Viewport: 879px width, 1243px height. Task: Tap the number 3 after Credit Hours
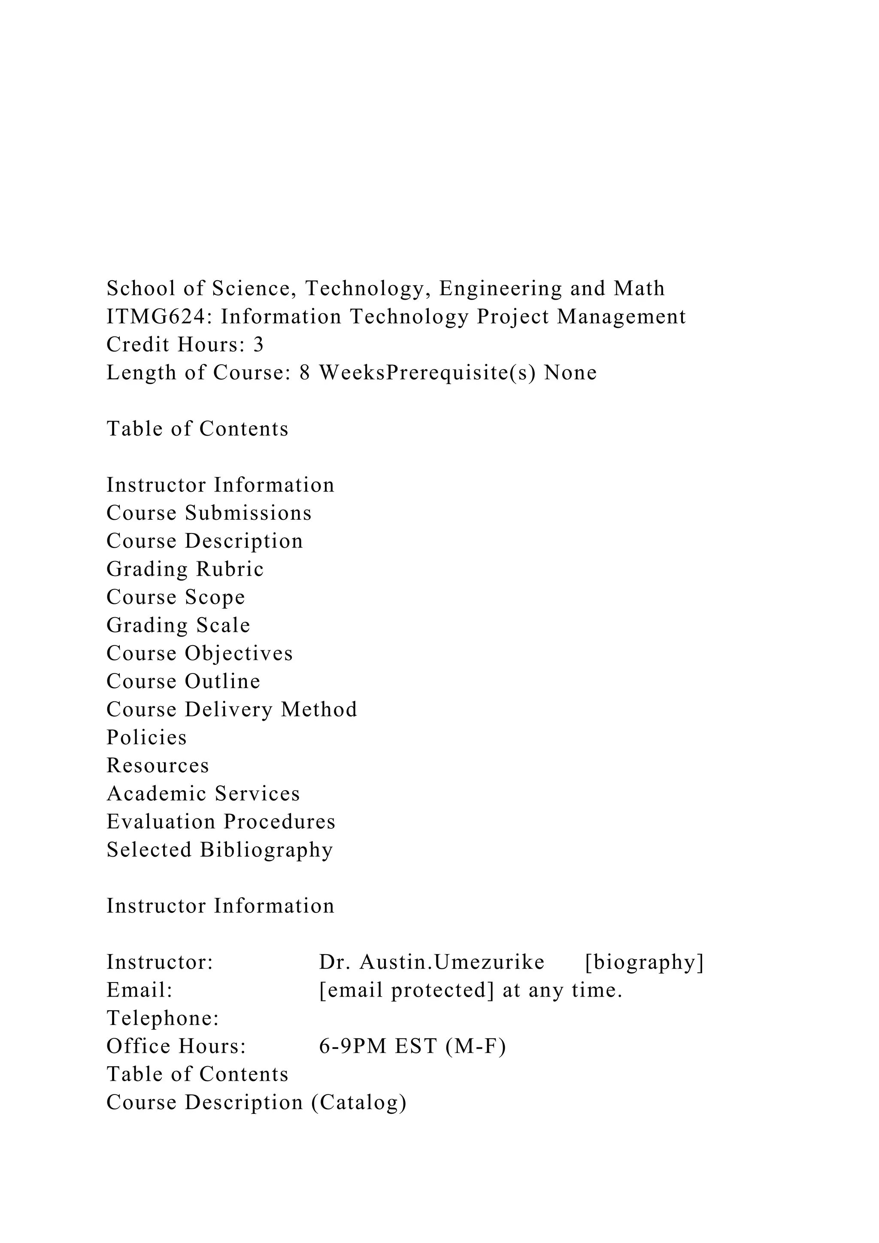[258, 345]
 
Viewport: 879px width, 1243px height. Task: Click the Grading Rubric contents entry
[185, 569]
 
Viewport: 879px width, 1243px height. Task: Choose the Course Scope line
[176, 597]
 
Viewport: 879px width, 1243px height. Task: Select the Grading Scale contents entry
[178, 625]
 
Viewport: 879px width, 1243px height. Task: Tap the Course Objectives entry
[199, 653]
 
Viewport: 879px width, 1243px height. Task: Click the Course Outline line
[183, 681]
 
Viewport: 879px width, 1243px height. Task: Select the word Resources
[158, 766]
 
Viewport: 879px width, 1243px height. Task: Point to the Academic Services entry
[203, 794]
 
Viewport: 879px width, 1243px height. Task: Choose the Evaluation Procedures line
[221, 822]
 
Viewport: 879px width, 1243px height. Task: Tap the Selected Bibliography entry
[219, 850]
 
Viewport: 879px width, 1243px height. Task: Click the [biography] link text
[644, 962]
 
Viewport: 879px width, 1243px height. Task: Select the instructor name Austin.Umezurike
[452, 962]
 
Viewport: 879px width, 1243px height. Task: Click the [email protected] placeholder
[406, 990]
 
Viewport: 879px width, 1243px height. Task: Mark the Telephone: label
[162, 1019]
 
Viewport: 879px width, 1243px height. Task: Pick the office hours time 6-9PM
[352, 1046]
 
